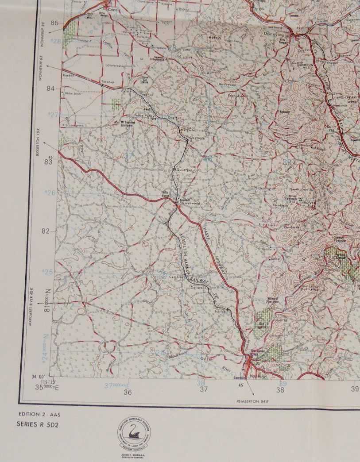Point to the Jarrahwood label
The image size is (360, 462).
[190, 203]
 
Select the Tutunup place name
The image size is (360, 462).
[108, 82]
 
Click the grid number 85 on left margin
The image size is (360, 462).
[55, 23]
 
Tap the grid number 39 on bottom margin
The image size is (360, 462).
[355, 389]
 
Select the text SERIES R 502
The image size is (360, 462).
[38, 424]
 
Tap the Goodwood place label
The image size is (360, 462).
[226, 84]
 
